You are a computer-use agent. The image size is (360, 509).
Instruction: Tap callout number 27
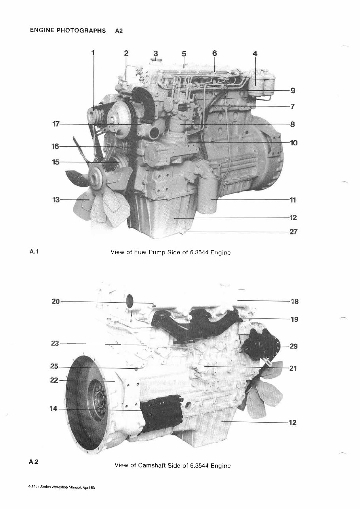[293, 232]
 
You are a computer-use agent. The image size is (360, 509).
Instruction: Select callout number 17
[56, 124]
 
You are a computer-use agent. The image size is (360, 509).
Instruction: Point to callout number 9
[293, 90]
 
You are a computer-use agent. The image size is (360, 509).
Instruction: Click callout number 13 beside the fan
[56, 200]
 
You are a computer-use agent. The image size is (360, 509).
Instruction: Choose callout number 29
[293, 346]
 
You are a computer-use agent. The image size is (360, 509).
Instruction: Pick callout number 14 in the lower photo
[53, 409]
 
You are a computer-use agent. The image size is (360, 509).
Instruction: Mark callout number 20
[55, 301]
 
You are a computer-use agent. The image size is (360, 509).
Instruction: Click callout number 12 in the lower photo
[293, 423]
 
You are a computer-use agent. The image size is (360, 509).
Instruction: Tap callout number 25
[54, 367]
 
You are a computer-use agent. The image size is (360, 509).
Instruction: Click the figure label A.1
[33, 251]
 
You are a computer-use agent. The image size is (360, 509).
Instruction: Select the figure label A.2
[33, 462]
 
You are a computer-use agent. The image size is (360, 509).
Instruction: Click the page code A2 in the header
[119, 31]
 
